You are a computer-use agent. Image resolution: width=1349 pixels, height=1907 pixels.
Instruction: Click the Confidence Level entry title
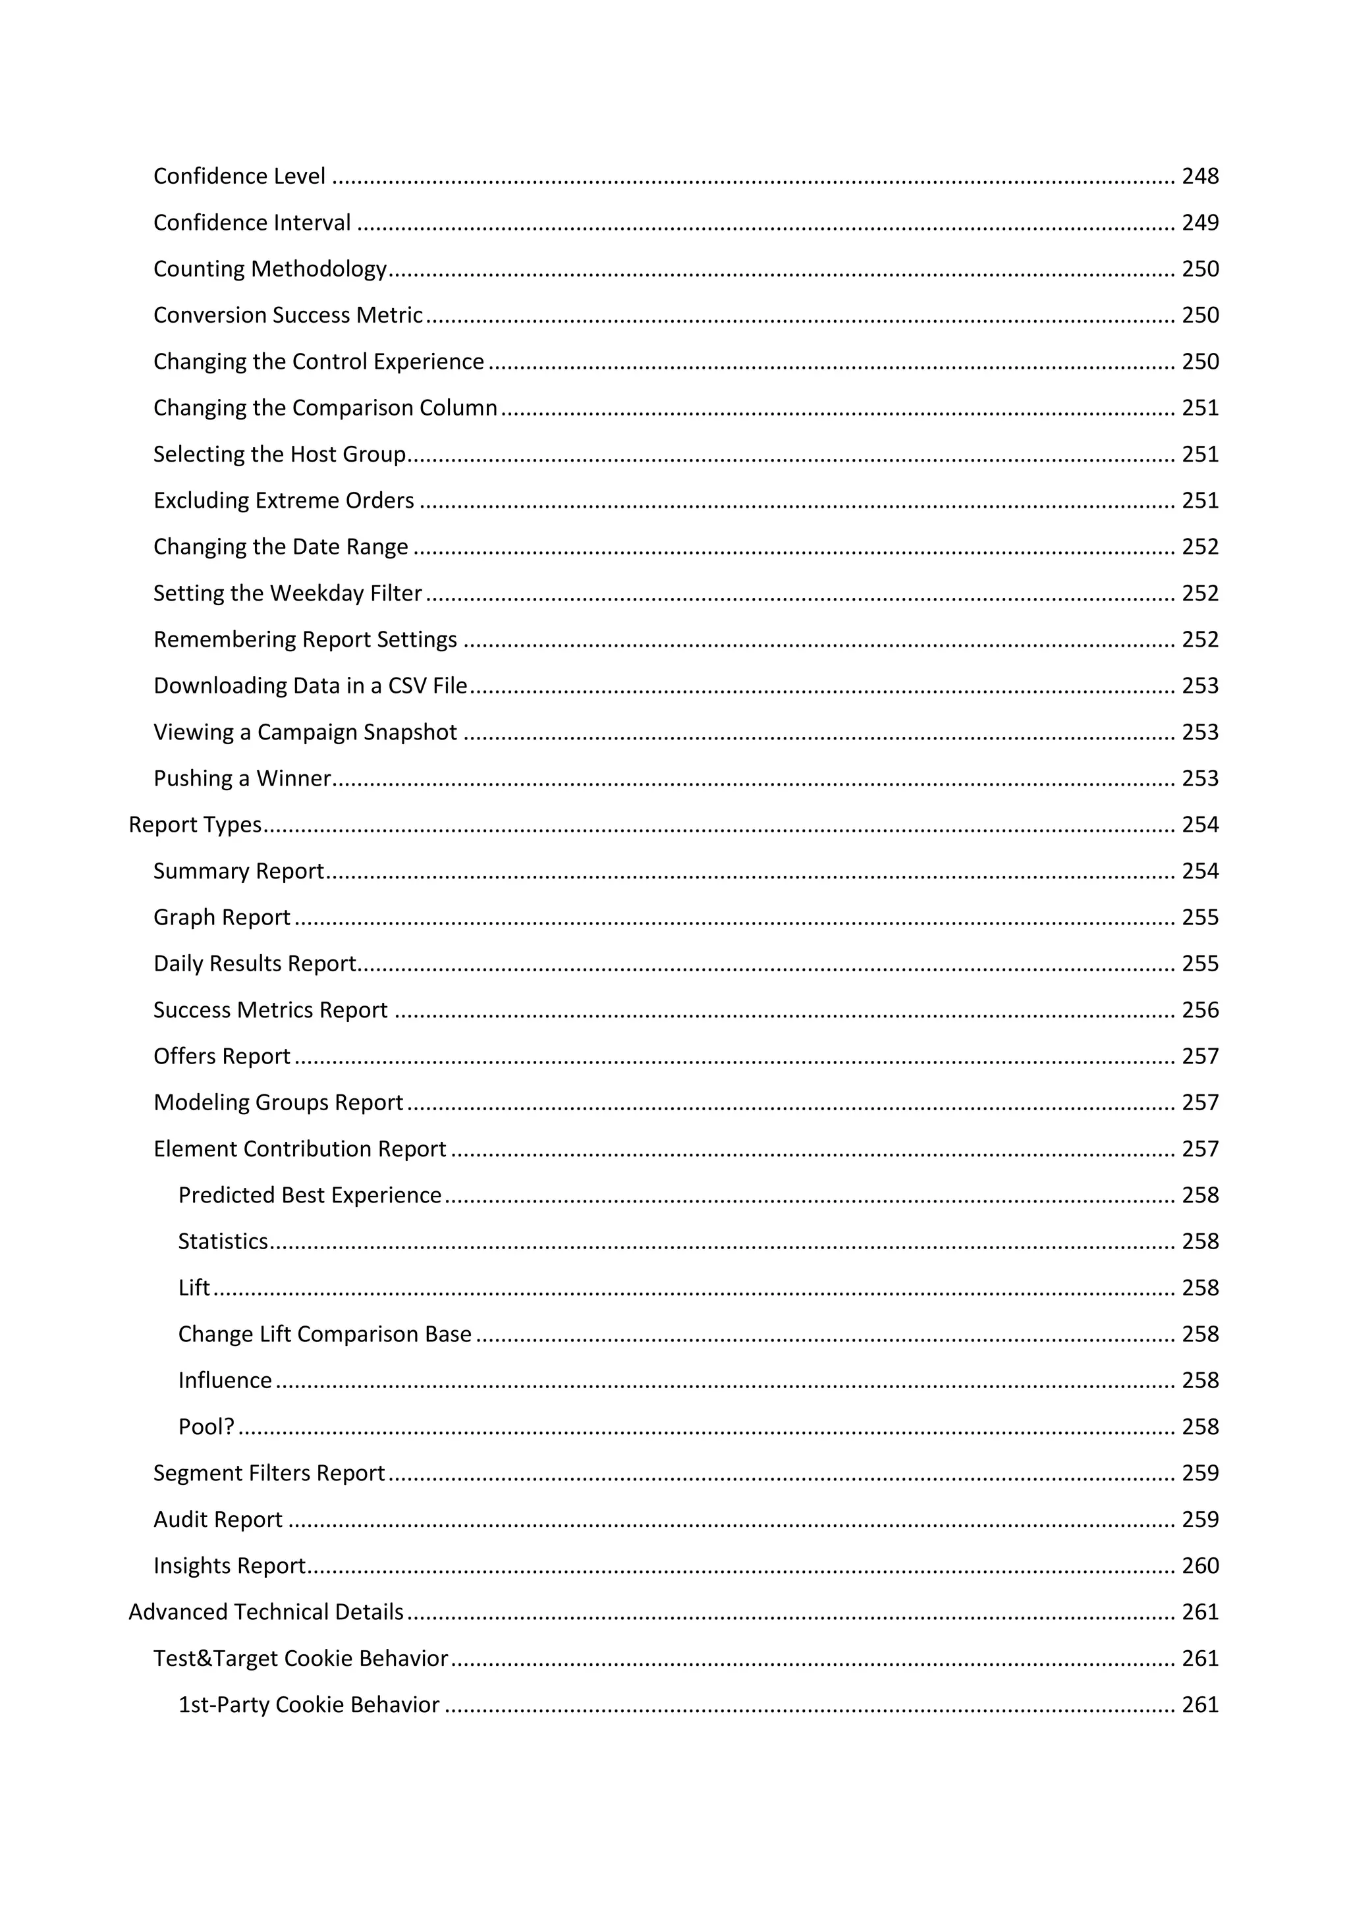[x=239, y=176]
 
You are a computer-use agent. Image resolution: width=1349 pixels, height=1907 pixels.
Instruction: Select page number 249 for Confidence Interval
[x=1199, y=223]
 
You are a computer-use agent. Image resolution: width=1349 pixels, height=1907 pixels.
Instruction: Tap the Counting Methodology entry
[x=270, y=269]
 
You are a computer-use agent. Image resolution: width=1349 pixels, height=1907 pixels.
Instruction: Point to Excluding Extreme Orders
[x=283, y=501]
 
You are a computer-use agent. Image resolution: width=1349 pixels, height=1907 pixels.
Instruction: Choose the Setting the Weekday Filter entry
[x=287, y=593]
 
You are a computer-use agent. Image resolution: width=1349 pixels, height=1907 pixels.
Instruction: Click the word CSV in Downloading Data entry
[x=407, y=686]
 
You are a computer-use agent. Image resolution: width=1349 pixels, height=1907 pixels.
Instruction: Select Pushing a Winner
[x=242, y=778]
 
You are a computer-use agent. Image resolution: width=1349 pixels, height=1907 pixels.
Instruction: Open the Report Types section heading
[x=195, y=824]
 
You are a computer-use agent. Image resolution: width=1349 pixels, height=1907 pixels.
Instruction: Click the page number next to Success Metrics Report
[x=1199, y=1010]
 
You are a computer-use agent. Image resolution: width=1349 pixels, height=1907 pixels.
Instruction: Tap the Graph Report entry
[x=222, y=917]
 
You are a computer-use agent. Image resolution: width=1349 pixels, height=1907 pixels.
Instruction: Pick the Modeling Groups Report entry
[x=277, y=1102]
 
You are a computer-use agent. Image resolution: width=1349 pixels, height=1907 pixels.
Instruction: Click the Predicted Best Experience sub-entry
[x=309, y=1195]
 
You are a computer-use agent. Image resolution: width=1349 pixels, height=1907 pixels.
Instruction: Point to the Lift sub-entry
[x=194, y=1287]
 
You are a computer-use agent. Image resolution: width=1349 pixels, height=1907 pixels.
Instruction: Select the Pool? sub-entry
[x=206, y=1427]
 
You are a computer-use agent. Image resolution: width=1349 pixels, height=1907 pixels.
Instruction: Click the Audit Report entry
[x=217, y=1519]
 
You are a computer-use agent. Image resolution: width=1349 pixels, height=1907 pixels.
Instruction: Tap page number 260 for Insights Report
[x=1199, y=1566]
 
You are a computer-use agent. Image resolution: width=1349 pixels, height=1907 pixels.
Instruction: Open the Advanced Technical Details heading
[x=266, y=1612]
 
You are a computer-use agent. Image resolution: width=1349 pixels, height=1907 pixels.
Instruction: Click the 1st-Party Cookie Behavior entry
[x=308, y=1704]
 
